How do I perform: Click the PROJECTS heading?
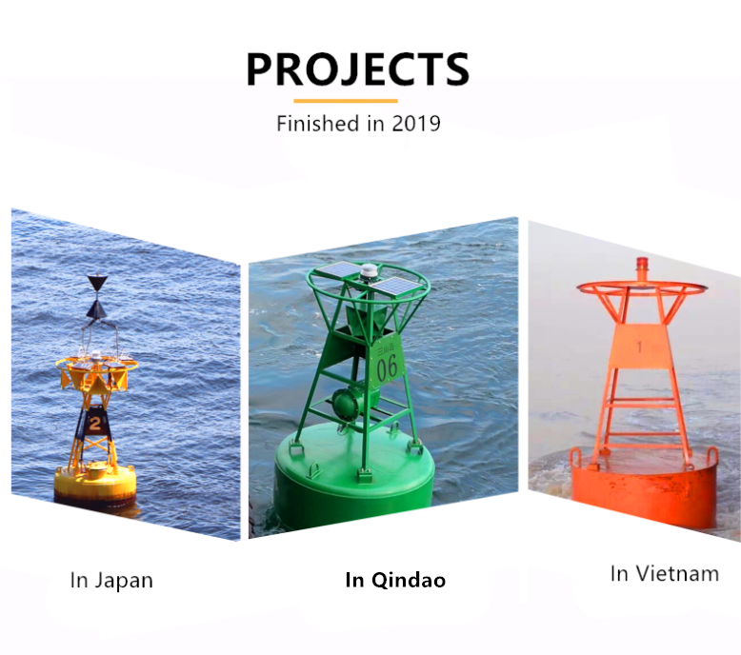[x=358, y=69]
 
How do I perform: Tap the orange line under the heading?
[x=346, y=101]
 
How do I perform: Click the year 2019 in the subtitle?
[x=416, y=124]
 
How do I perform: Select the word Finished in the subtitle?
[x=317, y=124]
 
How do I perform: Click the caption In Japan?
[x=111, y=581]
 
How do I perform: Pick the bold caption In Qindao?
[x=395, y=580]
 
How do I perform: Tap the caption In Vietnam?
[x=665, y=574]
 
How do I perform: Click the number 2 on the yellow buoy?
[x=95, y=424]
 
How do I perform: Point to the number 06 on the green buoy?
[x=387, y=367]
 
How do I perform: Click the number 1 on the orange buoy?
[x=639, y=347]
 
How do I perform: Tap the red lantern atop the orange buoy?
[x=642, y=269]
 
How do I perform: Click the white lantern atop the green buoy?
[x=367, y=272]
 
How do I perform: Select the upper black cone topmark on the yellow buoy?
[x=97, y=283]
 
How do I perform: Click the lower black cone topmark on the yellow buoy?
[x=97, y=309]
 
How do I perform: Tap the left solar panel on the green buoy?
[x=338, y=270]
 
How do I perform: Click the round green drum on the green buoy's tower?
[x=348, y=402]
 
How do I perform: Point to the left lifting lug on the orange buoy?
[x=576, y=457]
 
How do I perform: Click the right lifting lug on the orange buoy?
[x=711, y=458]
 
